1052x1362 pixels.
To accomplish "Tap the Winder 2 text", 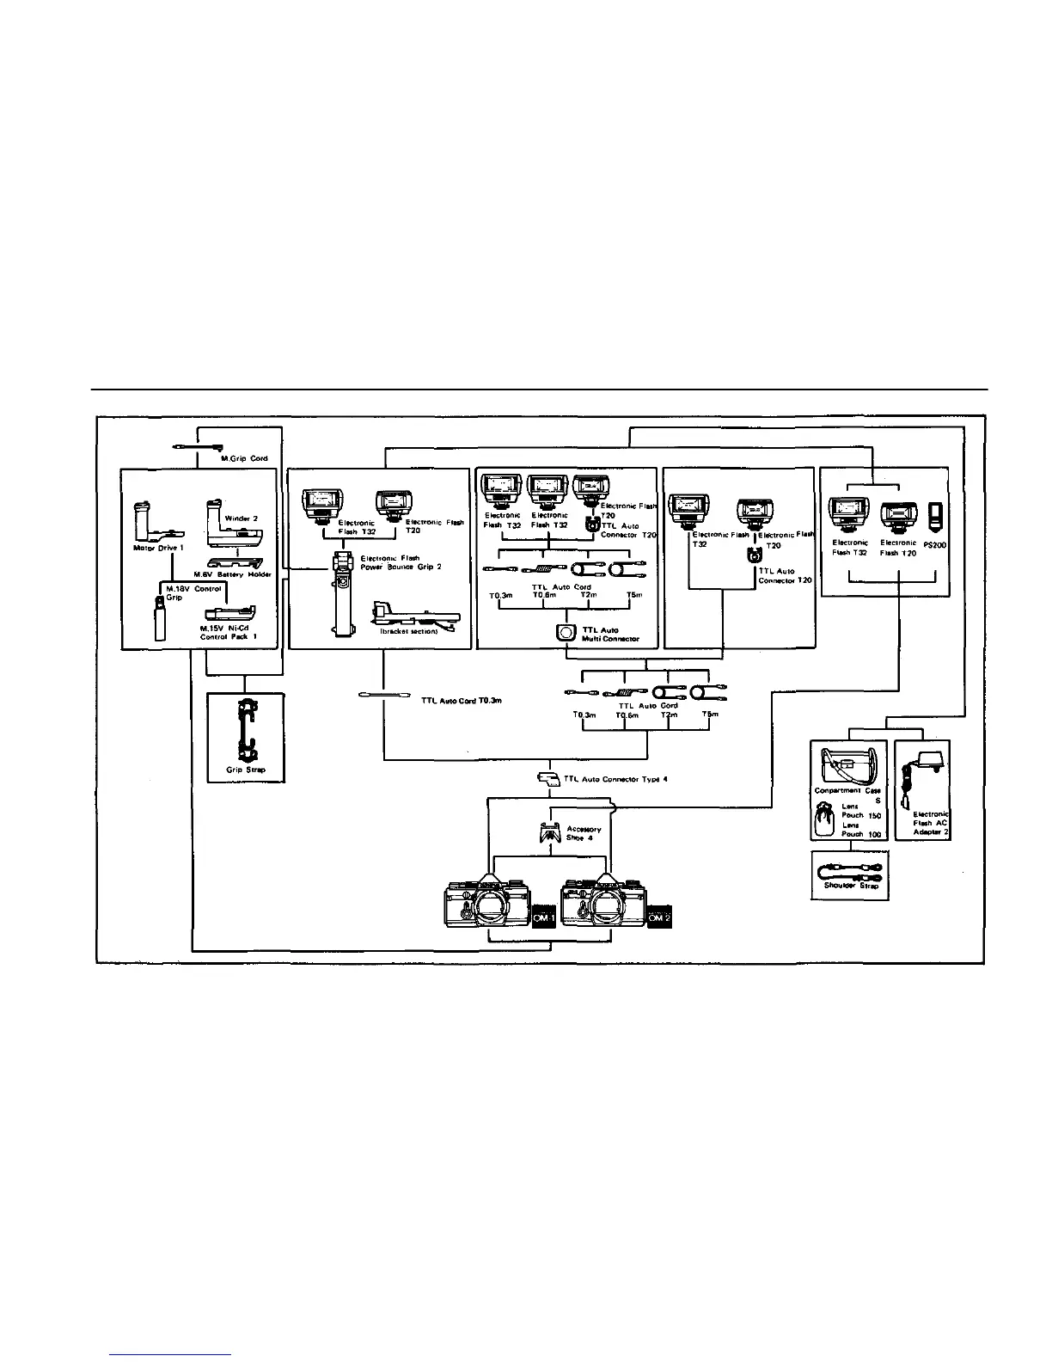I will (242, 518).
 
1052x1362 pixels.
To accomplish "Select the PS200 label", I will (935, 544).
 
